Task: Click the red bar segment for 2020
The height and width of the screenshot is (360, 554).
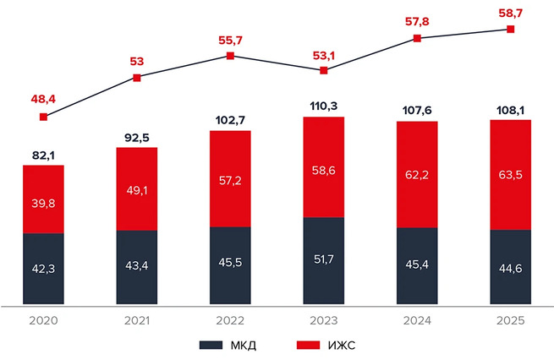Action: (x=43, y=199)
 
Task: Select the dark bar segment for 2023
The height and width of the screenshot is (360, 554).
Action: (x=324, y=260)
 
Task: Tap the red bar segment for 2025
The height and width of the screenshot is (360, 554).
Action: (x=511, y=175)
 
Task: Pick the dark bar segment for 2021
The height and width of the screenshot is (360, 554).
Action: (x=137, y=266)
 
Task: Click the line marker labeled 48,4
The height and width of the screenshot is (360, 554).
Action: (x=44, y=117)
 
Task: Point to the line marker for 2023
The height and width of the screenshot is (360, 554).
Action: (x=324, y=70)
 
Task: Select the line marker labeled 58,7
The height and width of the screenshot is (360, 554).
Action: (x=511, y=29)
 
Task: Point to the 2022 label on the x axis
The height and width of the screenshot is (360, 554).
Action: (x=231, y=321)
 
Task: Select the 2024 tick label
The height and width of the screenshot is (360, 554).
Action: (x=417, y=321)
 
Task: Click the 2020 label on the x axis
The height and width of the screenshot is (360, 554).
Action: (x=43, y=321)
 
